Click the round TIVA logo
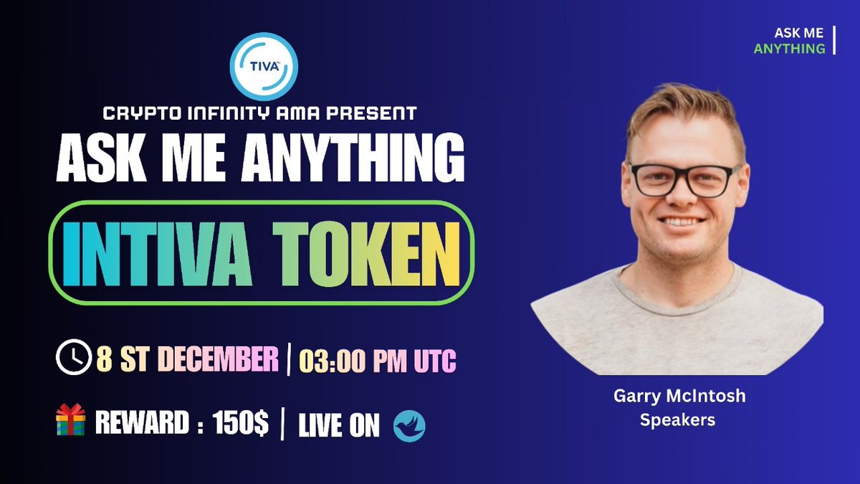coord(264,67)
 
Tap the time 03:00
coord(334,360)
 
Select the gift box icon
coord(70,419)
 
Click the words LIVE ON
coord(338,425)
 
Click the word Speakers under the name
coord(677,420)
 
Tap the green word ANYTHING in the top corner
coord(789,49)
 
